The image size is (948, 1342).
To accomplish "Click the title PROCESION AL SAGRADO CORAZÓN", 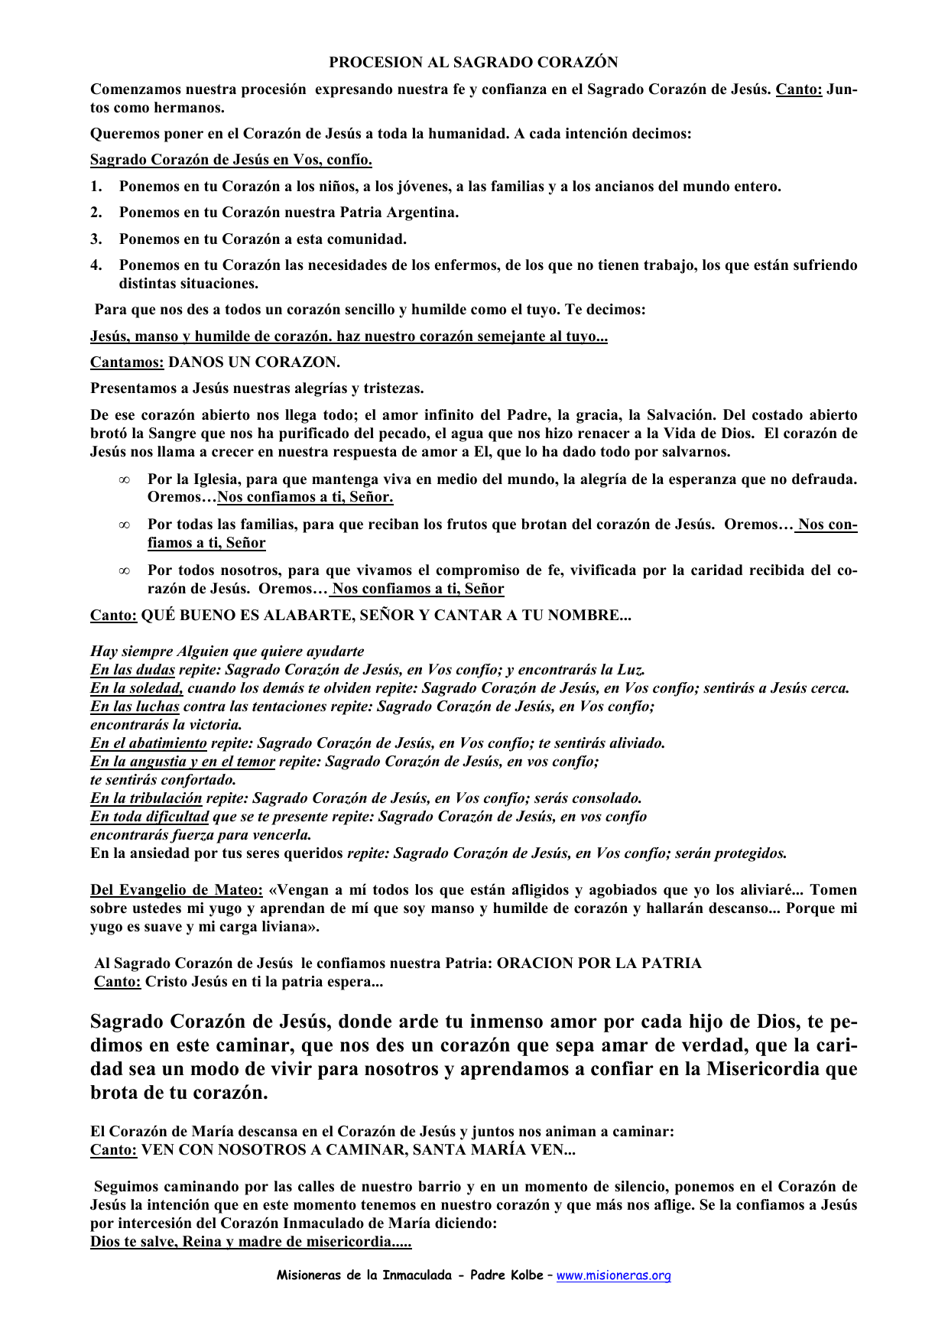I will (473, 63).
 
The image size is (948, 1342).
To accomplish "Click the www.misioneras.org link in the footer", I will (613, 1275).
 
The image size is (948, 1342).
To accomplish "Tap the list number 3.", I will (96, 239).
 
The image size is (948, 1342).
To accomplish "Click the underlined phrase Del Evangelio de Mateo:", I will (177, 890).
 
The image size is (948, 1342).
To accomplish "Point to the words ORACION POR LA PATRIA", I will (599, 963).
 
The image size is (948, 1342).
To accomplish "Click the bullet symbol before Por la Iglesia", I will (124, 480).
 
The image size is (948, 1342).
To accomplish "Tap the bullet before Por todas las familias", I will (124, 525).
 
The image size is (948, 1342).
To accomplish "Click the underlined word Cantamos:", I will (127, 362).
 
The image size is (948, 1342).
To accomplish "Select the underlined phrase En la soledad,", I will (137, 688).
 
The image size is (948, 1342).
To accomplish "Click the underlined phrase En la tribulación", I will (146, 798).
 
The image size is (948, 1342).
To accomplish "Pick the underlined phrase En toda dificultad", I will (149, 817).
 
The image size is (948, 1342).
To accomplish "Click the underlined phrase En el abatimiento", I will (148, 743).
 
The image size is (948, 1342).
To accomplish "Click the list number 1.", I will (96, 187).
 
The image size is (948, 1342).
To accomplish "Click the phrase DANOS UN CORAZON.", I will (254, 362).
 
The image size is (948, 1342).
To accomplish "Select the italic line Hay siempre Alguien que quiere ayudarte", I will (227, 652).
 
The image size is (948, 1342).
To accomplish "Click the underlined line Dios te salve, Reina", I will (251, 1242).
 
